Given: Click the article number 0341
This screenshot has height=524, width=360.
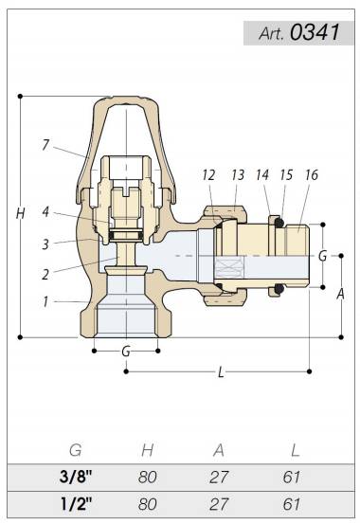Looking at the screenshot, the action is click(315, 32).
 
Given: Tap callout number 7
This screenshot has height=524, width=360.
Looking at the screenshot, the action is click(45, 145).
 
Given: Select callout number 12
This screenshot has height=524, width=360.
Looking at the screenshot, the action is click(209, 174).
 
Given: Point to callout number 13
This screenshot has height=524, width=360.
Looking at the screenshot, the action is click(238, 174).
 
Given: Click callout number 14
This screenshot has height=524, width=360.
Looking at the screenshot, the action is click(262, 174).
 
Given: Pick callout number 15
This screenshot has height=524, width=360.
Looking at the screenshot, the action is click(286, 174).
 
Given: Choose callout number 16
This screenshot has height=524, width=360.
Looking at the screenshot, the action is click(312, 174).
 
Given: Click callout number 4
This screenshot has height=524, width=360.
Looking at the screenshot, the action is click(45, 212).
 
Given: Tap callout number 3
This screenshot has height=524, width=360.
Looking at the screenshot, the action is click(45, 244).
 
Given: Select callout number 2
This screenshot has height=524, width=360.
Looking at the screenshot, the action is click(45, 275).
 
